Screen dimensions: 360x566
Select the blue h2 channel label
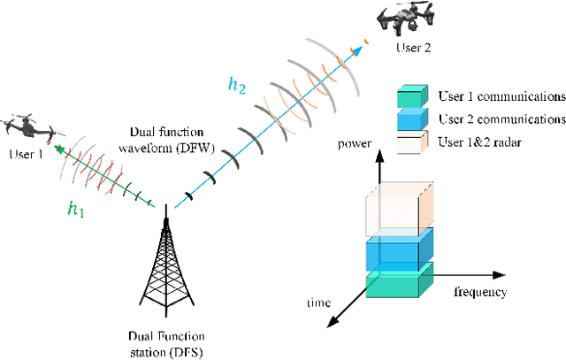tap(236, 85)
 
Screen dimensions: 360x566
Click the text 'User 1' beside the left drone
tap(24, 156)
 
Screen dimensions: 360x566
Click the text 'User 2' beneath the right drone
tap(415, 47)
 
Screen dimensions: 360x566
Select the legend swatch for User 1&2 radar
tap(413, 141)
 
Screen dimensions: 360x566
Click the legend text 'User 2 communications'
tap(500, 118)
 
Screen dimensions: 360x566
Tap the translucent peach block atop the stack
tap(400, 209)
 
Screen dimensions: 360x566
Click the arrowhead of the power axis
tap(379, 155)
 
